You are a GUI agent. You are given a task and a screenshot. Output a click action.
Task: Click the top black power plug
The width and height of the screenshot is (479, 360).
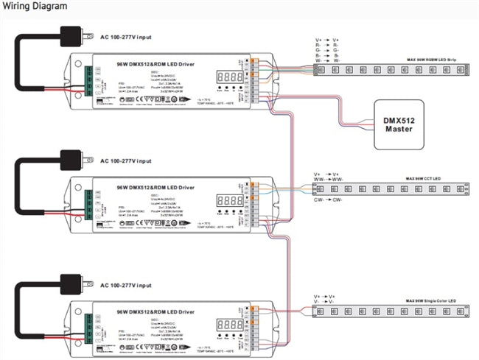pyautogui.click(x=71, y=35)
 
